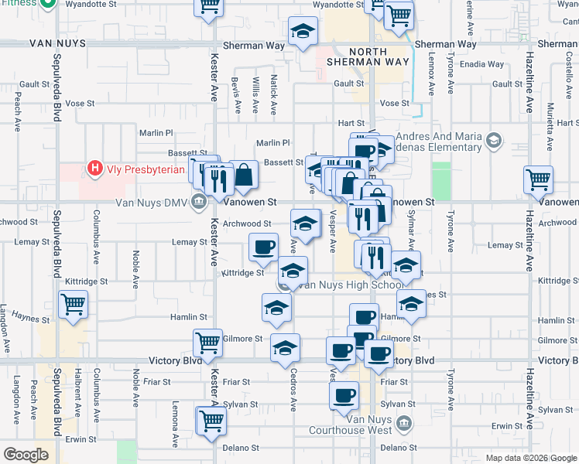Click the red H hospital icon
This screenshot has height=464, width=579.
(x=95, y=167)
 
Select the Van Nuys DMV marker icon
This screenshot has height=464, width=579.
(x=199, y=202)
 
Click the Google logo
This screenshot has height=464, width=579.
(x=26, y=455)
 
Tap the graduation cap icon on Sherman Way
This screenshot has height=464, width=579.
(x=303, y=31)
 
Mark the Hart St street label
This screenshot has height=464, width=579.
(x=351, y=123)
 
